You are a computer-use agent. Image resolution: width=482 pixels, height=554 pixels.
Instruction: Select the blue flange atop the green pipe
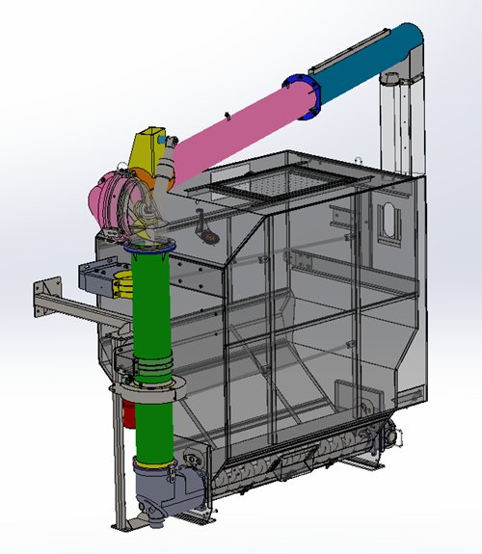(148, 246)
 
